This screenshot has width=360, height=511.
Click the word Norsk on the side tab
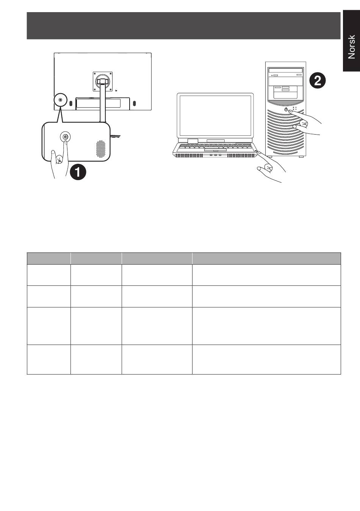point(351,47)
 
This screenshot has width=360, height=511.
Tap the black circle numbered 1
point(78,172)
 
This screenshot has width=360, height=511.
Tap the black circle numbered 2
point(317,81)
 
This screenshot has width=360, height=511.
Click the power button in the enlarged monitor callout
point(65,136)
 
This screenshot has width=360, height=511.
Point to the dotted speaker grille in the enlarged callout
point(101,149)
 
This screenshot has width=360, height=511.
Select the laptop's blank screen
point(215,115)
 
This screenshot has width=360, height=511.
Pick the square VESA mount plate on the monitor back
point(103,82)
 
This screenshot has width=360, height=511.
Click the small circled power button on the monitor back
point(60,100)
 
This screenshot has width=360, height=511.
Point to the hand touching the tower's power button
point(305,122)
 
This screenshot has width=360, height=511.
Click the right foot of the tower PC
point(301,157)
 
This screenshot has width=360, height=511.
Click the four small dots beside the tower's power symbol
point(294,108)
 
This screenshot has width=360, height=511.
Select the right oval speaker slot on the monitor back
point(134,103)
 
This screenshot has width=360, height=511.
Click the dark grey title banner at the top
point(183,25)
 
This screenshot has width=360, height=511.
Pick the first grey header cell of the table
point(49,259)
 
